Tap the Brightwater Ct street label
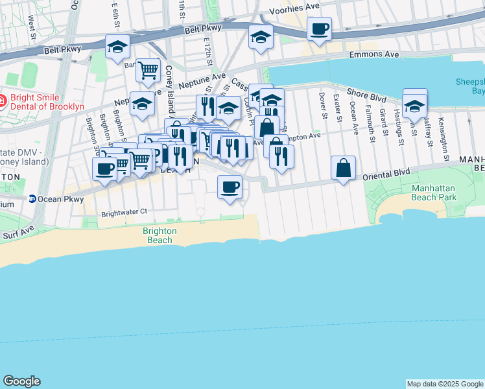124,211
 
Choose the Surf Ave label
17,231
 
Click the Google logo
21,381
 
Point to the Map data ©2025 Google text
445,384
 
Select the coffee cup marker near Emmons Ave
320,29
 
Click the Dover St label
322,106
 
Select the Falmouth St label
369,116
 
